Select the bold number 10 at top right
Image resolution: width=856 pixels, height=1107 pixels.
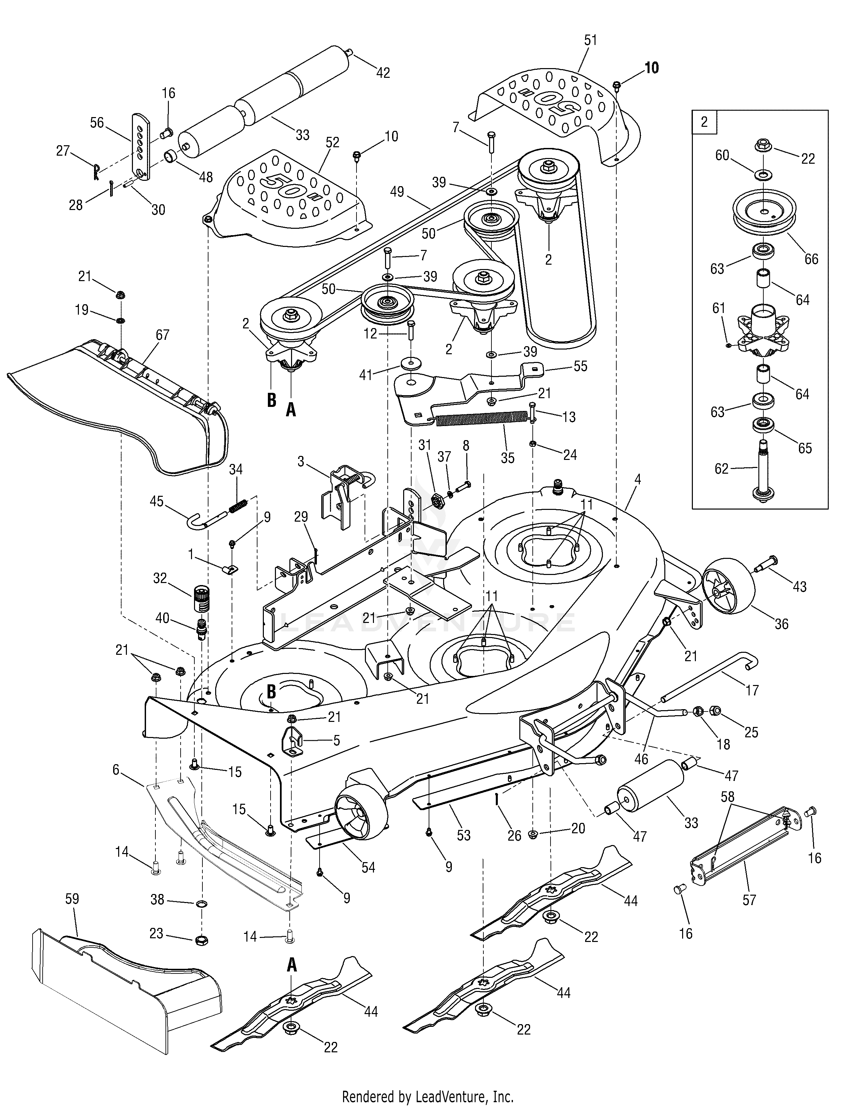(652, 67)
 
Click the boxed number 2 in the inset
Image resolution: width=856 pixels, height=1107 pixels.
(704, 122)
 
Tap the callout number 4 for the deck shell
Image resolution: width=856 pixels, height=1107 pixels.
(637, 479)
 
